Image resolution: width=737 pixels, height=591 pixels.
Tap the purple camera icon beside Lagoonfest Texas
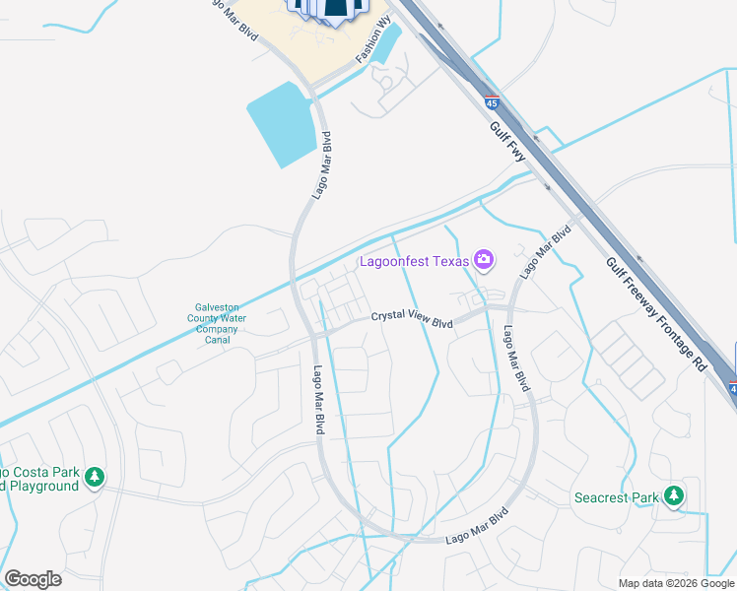[483, 260]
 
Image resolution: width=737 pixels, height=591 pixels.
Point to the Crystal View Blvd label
[412, 319]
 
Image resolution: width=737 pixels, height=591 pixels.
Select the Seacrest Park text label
[616, 497]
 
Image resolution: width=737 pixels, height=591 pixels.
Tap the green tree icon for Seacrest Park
[674, 495]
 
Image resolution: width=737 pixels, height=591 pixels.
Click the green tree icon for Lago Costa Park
[95, 478]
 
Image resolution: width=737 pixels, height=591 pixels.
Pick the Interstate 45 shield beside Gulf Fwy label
[492, 101]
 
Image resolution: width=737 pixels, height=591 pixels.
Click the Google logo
[33, 579]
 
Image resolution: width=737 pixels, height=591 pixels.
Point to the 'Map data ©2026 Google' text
[676, 583]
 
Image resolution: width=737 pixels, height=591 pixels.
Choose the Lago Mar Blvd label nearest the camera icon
[545, 252]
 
